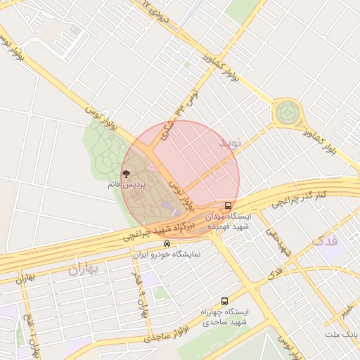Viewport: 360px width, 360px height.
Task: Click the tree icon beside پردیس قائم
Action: [126, 172]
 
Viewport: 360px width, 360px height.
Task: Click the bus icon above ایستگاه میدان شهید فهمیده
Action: [227, 205]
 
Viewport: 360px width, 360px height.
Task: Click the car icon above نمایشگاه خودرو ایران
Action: [166, 244]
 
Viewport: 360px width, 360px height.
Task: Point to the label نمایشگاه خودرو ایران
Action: [167, 254]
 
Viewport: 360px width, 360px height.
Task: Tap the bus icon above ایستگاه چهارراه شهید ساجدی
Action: [224, 300]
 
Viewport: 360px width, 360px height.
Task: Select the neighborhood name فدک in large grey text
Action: [323, 241]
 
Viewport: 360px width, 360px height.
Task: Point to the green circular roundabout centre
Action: [287, 112]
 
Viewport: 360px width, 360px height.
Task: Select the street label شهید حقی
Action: [276, 238]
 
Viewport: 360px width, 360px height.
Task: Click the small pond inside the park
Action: [166, 205]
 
